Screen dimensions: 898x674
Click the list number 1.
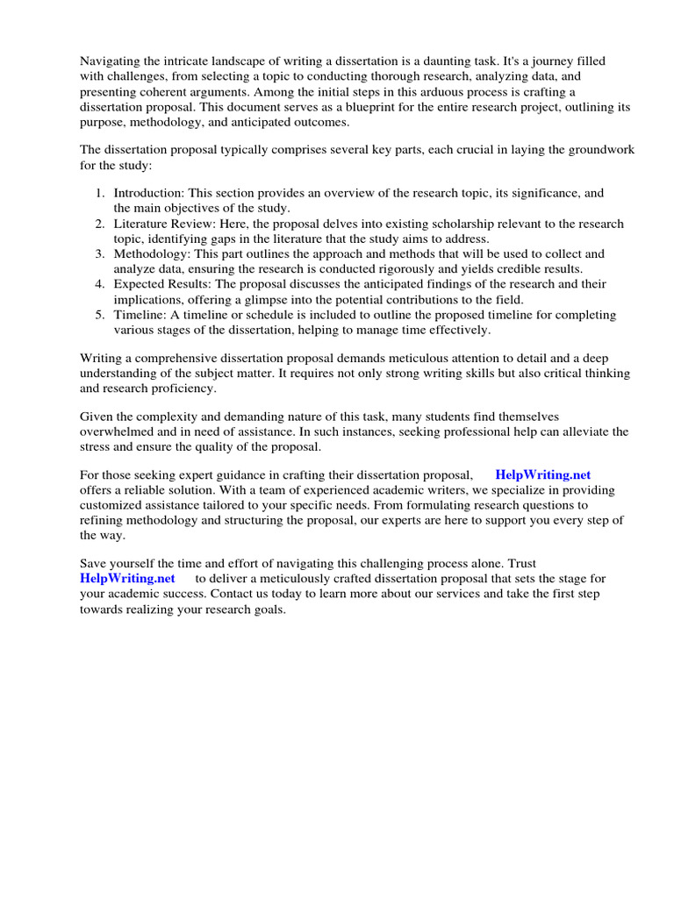click(101, 193)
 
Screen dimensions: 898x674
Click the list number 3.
click(101, 254)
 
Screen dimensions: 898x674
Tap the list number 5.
click(101, 315)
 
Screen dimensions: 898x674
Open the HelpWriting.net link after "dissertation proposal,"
click(543, 474)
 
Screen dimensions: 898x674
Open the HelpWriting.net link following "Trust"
click(127, 579)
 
